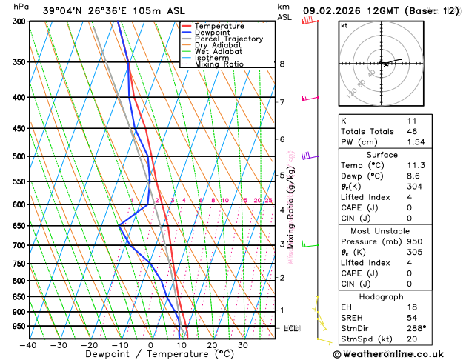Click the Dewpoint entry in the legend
click(216, 33)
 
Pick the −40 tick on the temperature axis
click(28, 344)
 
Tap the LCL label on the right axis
click(291, 328)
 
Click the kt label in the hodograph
click(344, 25)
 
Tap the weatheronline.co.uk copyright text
click(397, 353)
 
